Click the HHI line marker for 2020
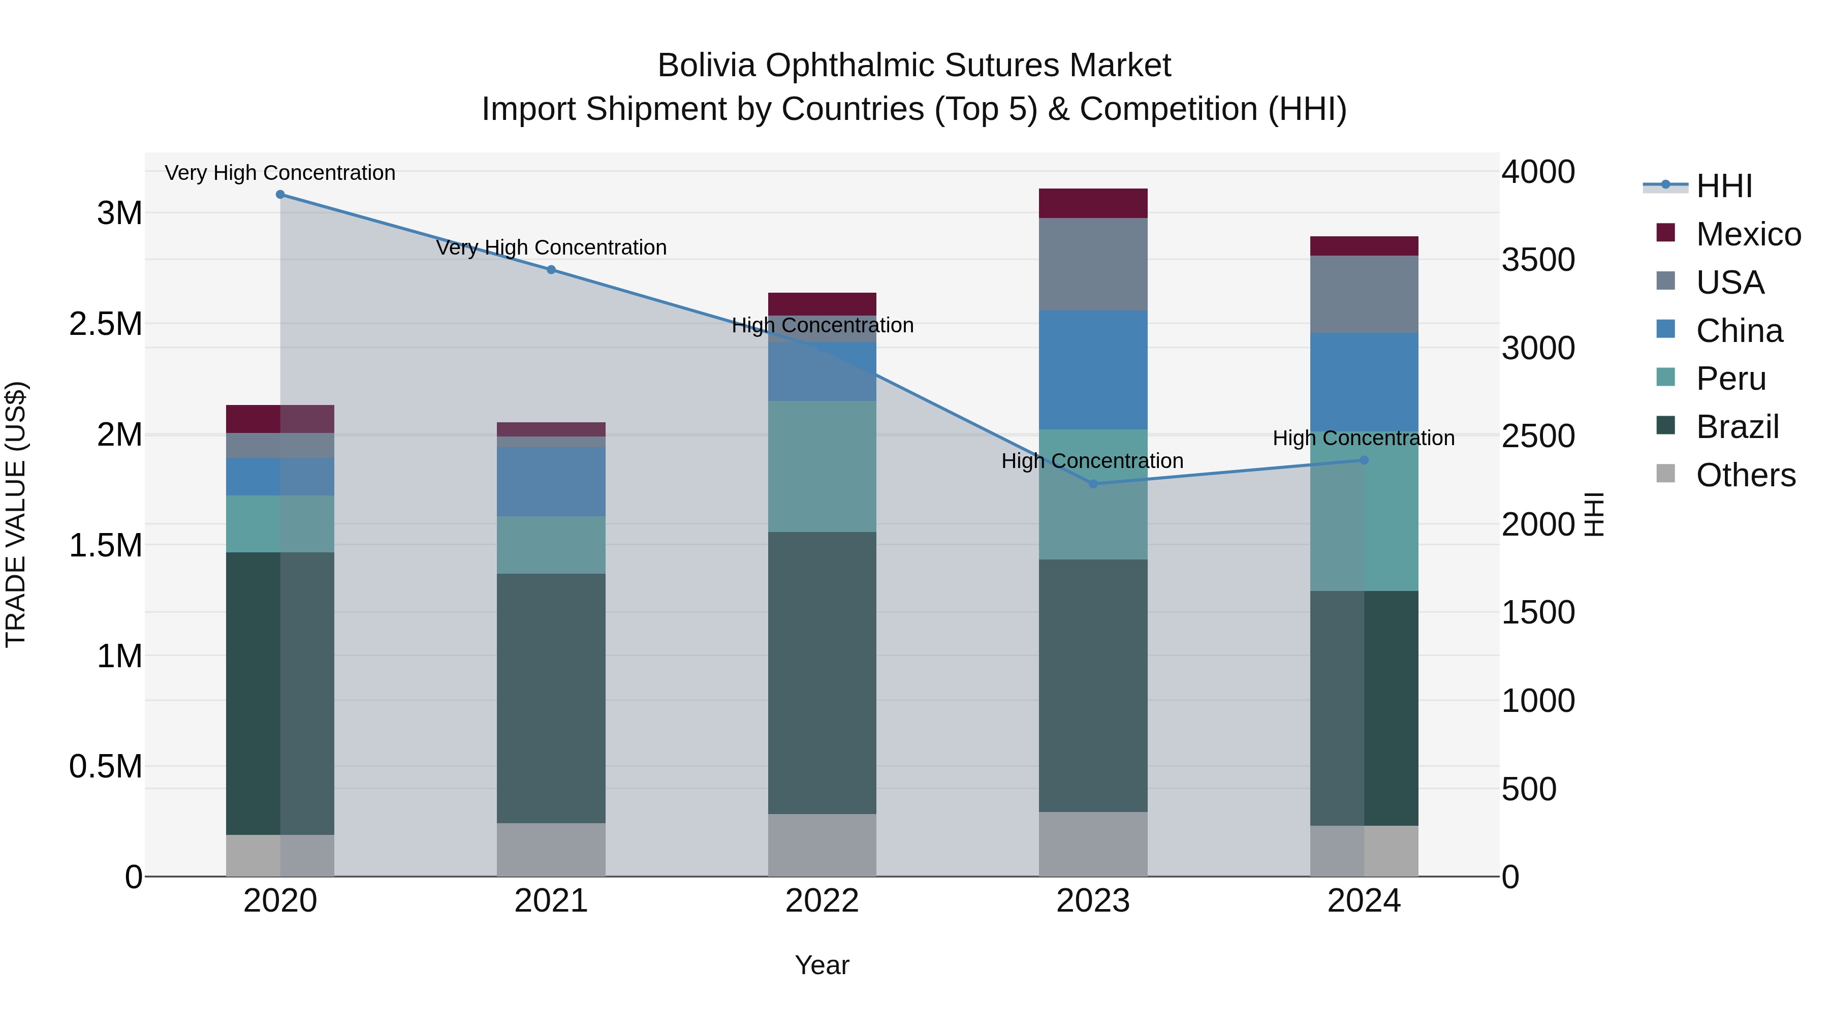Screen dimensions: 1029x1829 click(280, 195)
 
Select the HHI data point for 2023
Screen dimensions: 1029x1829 click(1093, 484)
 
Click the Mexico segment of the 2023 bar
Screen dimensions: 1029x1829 click(1093, 204)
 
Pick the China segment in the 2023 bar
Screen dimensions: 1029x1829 click(1093, 369)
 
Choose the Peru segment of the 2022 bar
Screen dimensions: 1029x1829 click(822, 466)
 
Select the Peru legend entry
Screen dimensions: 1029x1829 click(1730, 379)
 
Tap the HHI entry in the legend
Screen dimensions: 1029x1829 click(1723, 186)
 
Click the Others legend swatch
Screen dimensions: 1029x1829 click(1665, 474)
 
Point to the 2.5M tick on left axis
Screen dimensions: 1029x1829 click(106, 324)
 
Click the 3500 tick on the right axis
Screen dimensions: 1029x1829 click(1538, 260)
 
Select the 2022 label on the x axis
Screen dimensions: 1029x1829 click(822, 901)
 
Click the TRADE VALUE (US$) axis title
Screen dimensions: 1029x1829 click(16, 514)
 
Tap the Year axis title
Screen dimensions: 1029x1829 click(822, 965)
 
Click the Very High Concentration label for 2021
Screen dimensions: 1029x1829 click(551, 248)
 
